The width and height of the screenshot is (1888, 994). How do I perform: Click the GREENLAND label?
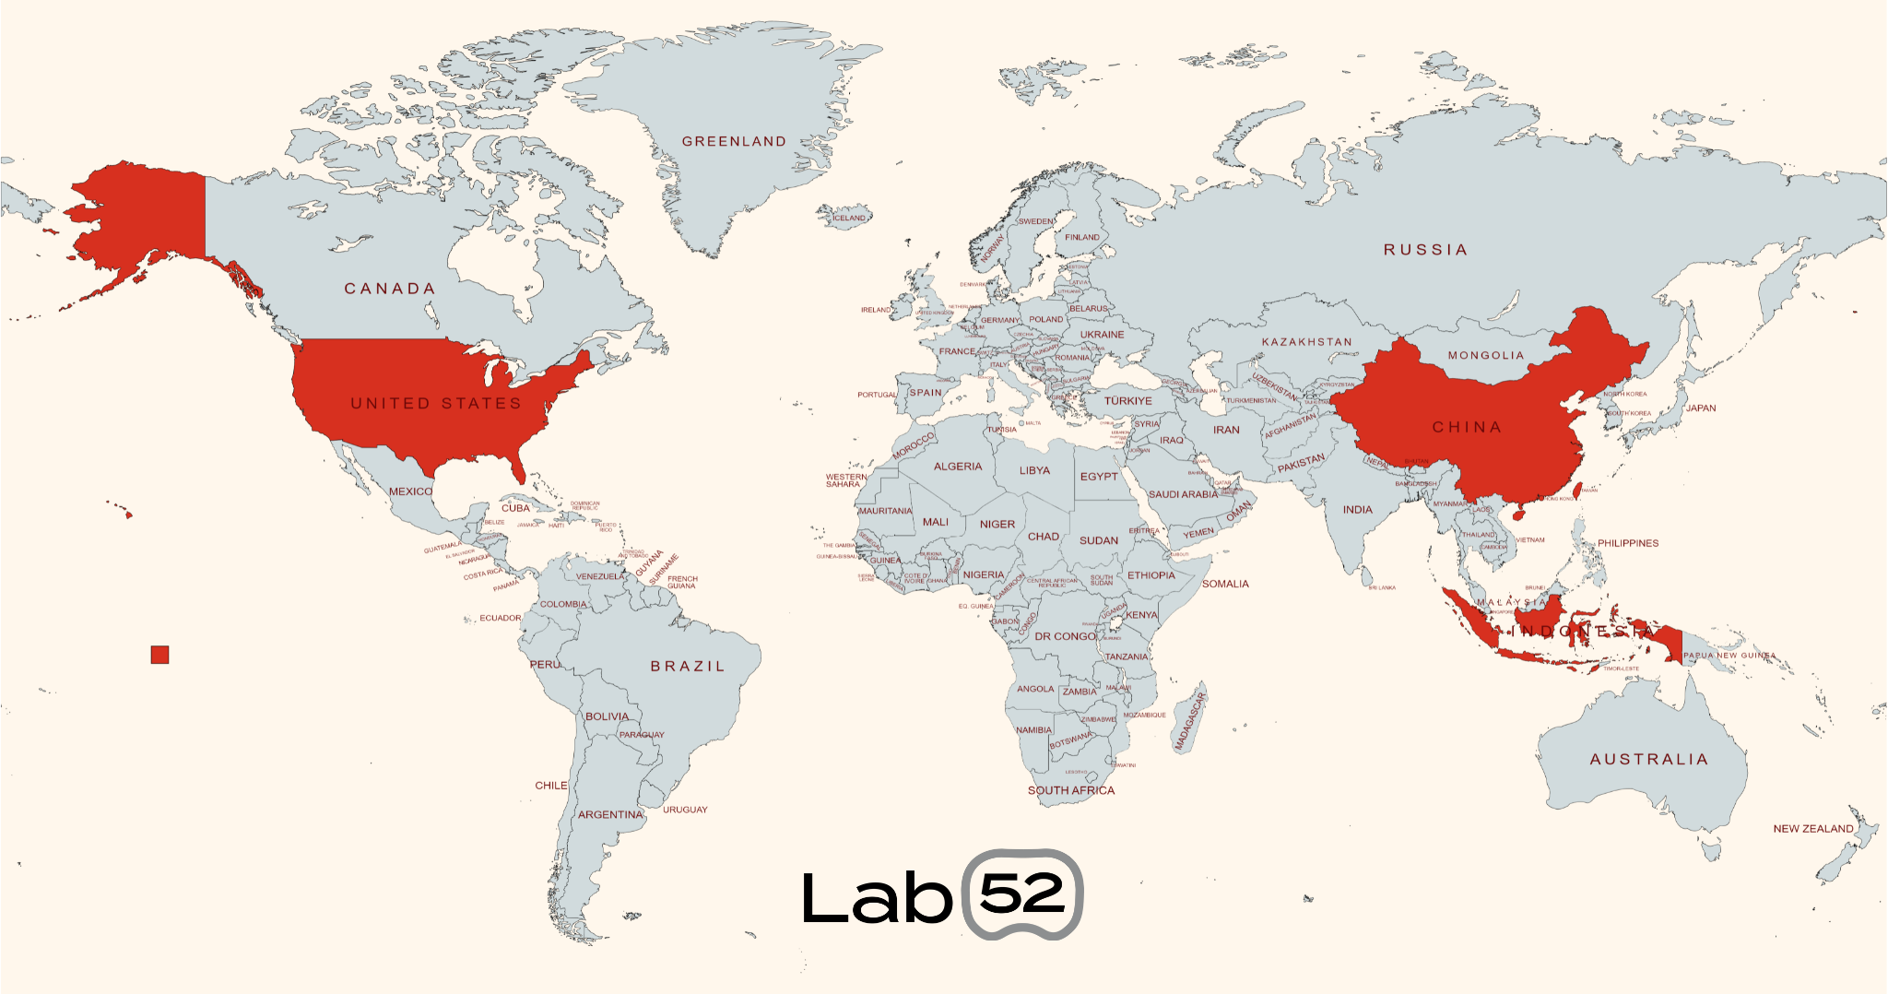click(734, 141)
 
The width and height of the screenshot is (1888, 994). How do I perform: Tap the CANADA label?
click(389, 289)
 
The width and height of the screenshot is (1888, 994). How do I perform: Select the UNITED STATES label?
click(435, 404)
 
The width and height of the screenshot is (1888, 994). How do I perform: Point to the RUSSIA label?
click(1425, 250)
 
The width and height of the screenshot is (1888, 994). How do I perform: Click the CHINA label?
click(1467, 427)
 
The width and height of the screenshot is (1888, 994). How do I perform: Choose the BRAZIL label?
click(688, 666)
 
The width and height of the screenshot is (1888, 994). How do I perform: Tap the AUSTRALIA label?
click(1648, 760)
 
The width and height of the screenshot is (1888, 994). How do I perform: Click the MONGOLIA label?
click(1486, 355)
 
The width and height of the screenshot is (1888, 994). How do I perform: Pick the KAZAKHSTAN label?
click(1306, 342)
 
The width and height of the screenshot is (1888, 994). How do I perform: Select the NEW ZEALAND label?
click(1812, 829)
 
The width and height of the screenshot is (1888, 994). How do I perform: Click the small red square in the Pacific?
click(160, 655)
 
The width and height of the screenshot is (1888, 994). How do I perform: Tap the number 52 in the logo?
click(1022, 893)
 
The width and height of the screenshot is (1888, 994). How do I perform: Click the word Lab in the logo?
click(875, 897)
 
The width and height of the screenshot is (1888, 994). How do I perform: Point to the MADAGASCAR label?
click(1190, 722)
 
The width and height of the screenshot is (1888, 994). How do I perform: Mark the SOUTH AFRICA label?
click(1071, 790)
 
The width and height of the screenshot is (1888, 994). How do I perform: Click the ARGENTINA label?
click(610, 814)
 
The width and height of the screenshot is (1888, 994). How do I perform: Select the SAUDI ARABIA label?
click(1183, 494)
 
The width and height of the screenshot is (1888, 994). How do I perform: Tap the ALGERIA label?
click(958, 467)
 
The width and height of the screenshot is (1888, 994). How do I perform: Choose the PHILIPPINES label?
click(1627, 543)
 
